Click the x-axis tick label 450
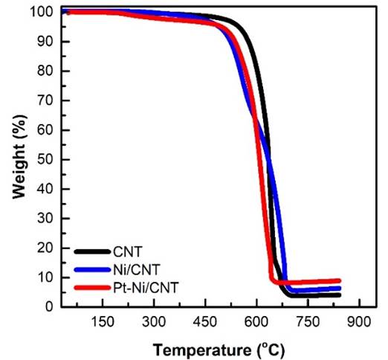pos(204,323)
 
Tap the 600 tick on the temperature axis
pos(256,323)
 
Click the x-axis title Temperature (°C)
pos(219,348)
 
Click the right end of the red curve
pos(340,280)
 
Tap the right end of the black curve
pos(340,295)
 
